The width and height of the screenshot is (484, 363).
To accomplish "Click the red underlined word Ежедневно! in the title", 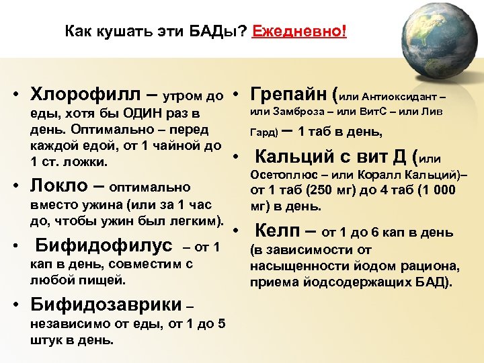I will [x=299, y=32].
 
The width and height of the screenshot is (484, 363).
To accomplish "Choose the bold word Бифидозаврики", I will [x=104, y=304].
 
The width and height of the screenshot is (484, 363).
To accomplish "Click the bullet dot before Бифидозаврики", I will [x=15, y=305].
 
